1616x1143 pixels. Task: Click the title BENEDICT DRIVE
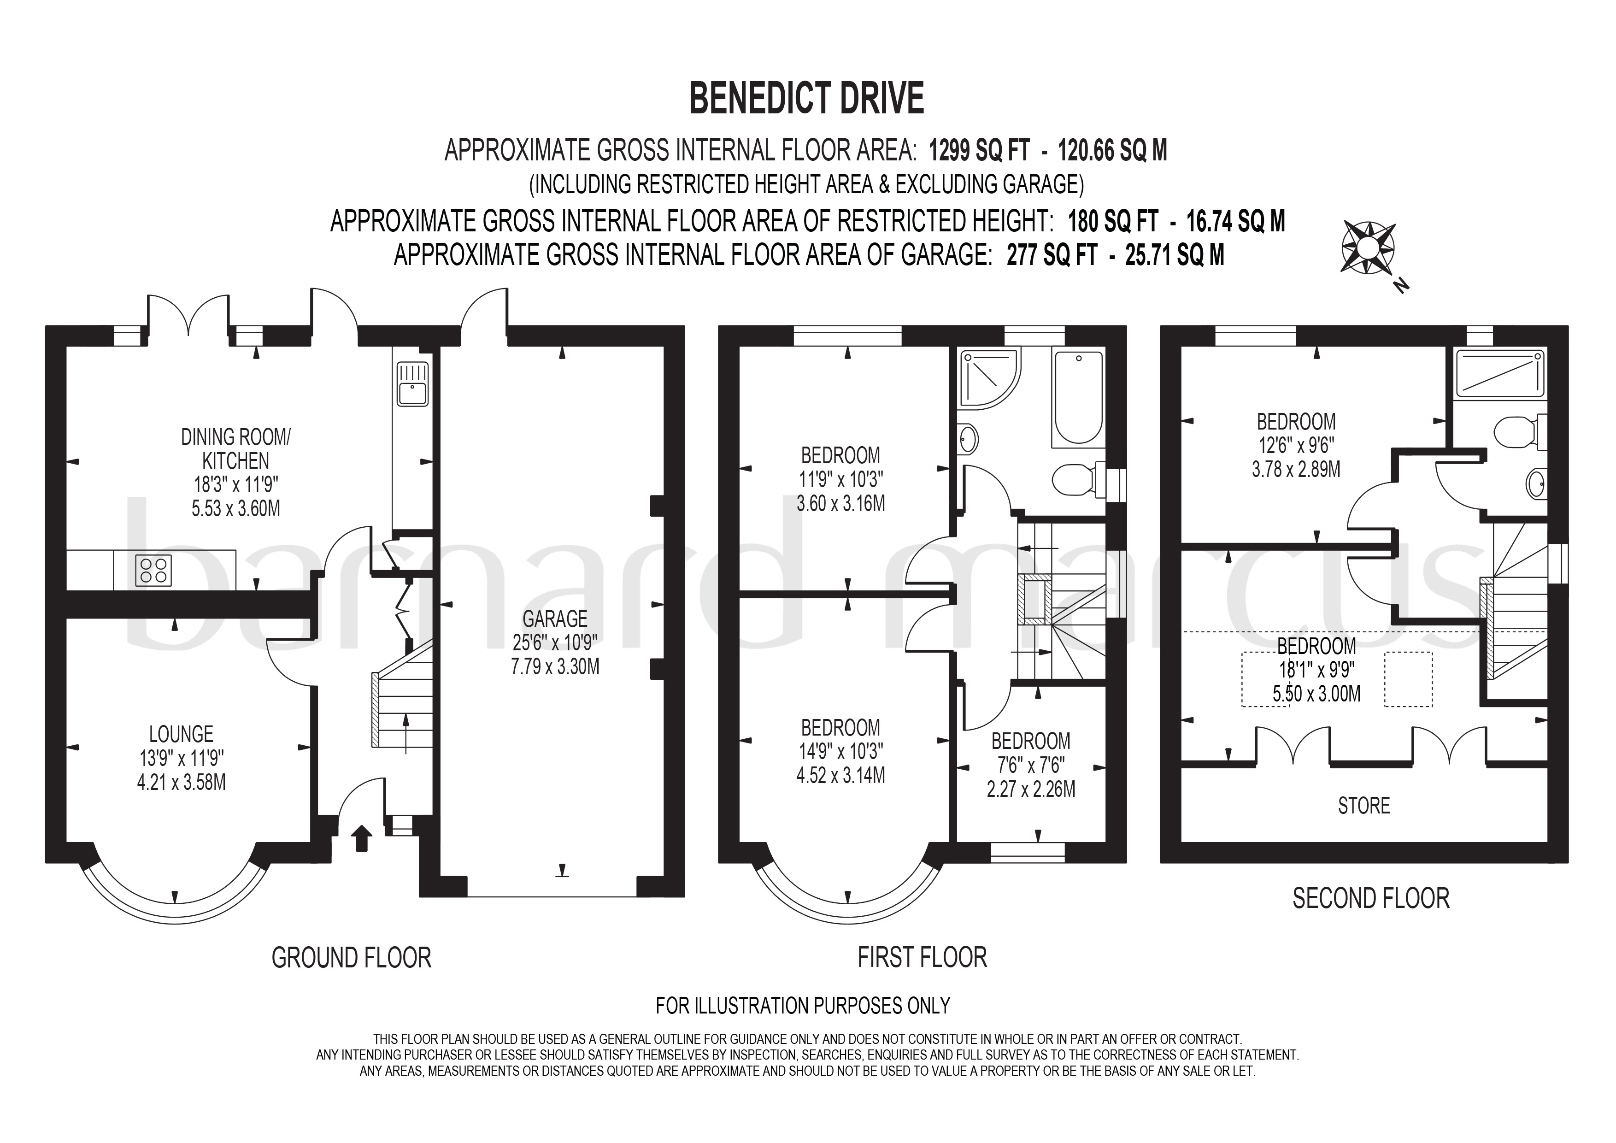pyautogui.click(x=806, y=99)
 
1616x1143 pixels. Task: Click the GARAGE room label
pyautogui.click(x=555, y=619)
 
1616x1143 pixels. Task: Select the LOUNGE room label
pyautogui.click(x=181, y=734)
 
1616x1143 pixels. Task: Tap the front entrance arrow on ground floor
pyautogui.click(x=362, y=838)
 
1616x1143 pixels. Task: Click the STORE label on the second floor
pyautogui.click(x=1364, y=806)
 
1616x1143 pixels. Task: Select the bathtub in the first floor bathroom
pyautogui.click(x=1078, y=398)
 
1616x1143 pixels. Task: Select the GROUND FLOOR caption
pyautogui.click(x=351, y=958)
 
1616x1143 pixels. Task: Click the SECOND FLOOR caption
pyautogui.click(x=1371, y=898)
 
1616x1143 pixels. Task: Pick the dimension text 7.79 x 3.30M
pyautogui.click(x=555, y=666)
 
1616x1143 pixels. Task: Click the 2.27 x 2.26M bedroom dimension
pyautogui.click(x=1031, y=789)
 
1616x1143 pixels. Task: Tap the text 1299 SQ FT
pyautogui.click(x=979, y=151)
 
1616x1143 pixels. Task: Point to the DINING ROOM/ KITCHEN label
pyautogui.click(x=236, y=449)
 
